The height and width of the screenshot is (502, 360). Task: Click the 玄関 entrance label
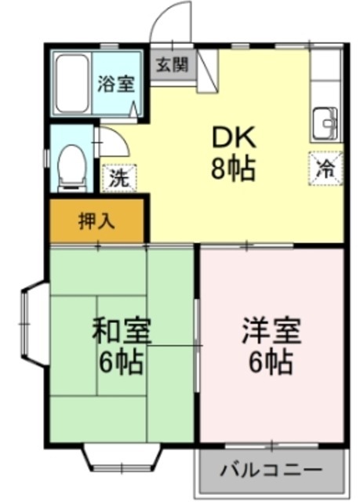(x=171, y=64)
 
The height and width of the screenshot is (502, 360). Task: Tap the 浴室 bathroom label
(x=116, y=84)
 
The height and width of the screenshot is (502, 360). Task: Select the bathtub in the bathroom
(x=72, y=85)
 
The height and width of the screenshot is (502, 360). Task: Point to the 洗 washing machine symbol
(x=118, y=177)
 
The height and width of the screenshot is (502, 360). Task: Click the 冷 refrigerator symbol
(x=325, y=166)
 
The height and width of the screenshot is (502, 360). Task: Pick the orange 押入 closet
(x=97, y=220)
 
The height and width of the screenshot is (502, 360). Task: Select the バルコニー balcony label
(x=271, y=471)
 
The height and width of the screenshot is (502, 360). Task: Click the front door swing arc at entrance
(x=170, y=20)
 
